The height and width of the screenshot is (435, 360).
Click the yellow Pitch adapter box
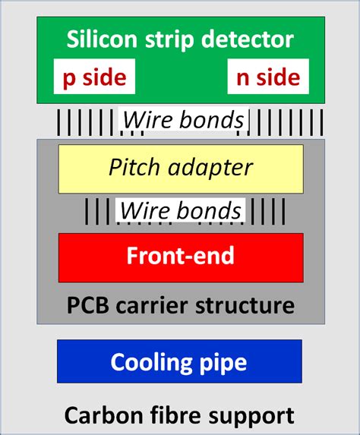point(180,167)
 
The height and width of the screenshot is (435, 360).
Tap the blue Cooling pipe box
point(179,361)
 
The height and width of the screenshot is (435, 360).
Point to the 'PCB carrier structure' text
point(180,306)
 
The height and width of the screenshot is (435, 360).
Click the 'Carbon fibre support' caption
point(179,415)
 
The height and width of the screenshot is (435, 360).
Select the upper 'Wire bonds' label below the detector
point(183,120)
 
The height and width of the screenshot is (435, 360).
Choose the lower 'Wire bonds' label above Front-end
point(180,210)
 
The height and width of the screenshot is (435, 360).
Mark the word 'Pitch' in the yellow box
point(131,166)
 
